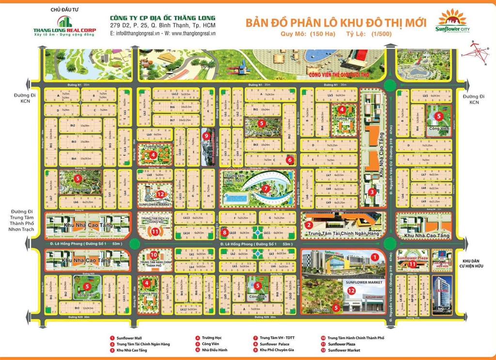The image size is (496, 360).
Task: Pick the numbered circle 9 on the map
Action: pyautogui.click(x=206, y=136)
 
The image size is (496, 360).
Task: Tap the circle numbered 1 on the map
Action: pyautogui.click(x=373, y=256)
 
